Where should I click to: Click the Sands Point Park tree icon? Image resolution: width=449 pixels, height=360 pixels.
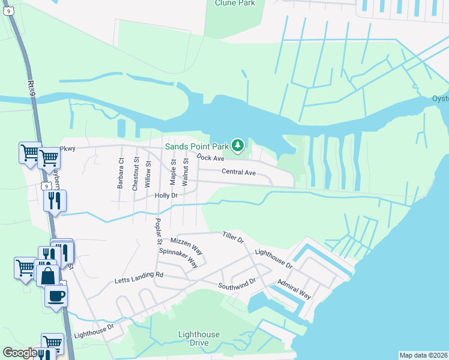[x=238, y=145]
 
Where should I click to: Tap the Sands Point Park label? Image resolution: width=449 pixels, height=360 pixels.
[x=197, y=146]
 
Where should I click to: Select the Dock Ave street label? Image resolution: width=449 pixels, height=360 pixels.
[x=210, y=158]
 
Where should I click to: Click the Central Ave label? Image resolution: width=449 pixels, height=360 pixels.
[x=238, y=173]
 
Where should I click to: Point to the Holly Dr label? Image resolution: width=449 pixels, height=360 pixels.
[x=166, y=196]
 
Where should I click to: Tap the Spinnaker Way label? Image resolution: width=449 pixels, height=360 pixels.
[x=178, y=257]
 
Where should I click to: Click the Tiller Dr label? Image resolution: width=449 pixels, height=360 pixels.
[x=233, y=238]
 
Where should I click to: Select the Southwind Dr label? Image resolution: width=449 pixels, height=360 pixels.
[x=237, y=283]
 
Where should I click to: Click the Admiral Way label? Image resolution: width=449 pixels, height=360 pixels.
[x=294, y=289]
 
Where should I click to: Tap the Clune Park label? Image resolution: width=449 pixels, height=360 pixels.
[x=235, y=3]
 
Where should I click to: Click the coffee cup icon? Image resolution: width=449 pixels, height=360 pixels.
[x=56, y=295]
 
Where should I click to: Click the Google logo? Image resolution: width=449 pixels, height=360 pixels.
[x=20, y=353]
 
